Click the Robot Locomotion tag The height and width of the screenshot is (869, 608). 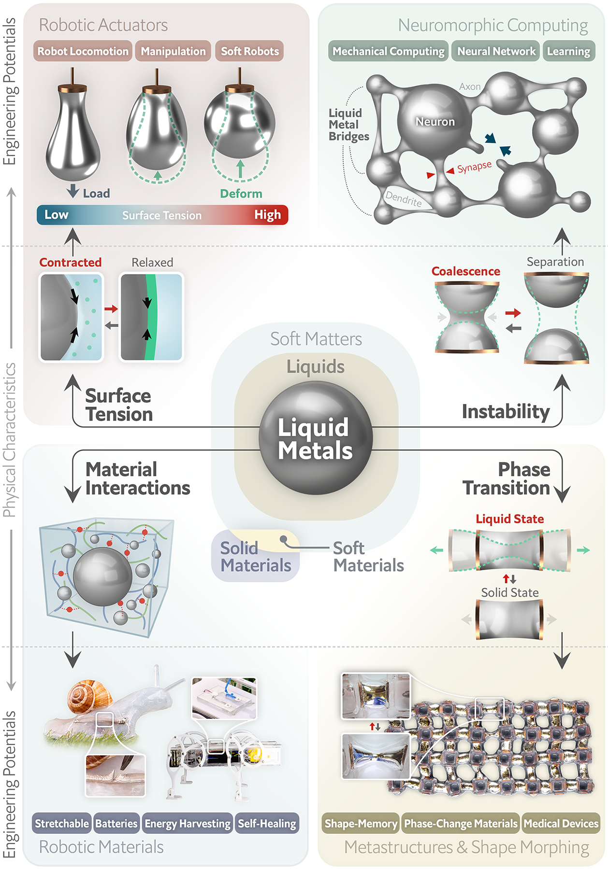[83, 51]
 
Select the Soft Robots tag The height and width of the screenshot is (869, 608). [249, 51]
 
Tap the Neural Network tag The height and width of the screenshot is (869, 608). [496, 51]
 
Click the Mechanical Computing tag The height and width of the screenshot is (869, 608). [389, 51]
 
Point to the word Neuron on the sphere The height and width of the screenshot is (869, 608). [435, 122]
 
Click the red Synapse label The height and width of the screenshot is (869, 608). [474, 167]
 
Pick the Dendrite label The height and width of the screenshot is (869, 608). [404, 198]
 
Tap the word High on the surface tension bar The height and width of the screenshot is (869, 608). [267, 215]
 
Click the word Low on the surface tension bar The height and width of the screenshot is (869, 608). [57, 215]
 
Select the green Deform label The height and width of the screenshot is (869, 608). [241, 194]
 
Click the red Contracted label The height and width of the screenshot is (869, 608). [71, 262]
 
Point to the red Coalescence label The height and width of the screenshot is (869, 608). [465, 271]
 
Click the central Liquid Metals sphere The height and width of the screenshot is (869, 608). [316, 438]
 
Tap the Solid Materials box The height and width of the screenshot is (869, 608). [255, 557]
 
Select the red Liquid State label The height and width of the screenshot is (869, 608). [509, 519]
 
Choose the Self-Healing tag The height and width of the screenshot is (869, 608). [267, 824]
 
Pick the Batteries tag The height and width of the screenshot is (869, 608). [116, 824]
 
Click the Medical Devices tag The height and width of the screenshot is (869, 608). [561, 824]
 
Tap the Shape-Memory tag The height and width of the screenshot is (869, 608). [361, 824]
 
